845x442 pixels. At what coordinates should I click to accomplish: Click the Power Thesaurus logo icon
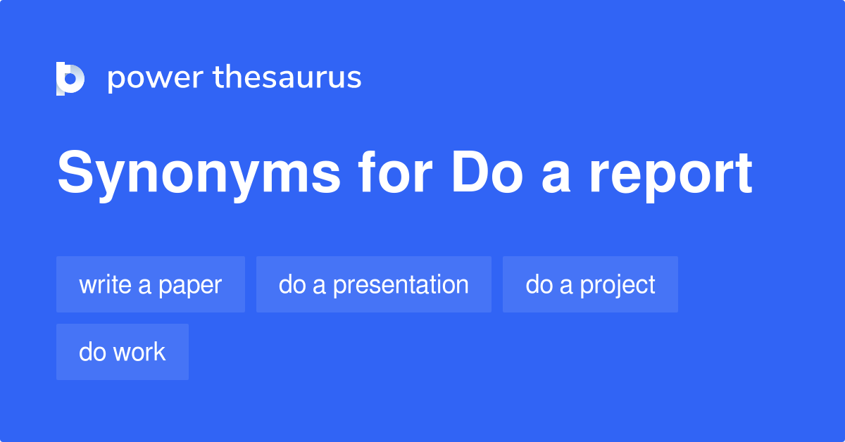point(70,78)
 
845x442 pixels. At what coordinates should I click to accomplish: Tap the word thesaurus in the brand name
point(287,77)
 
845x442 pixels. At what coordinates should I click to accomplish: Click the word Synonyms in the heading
point(199,175)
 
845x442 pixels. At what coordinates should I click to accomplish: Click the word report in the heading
point(670,175)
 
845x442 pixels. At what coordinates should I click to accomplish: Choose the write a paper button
point(151,284)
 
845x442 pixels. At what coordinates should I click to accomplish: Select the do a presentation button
point(373,284)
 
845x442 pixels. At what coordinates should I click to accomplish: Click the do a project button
point(590,284)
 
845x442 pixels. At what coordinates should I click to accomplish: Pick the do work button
point(123,352)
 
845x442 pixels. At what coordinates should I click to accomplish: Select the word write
point(105,284)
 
